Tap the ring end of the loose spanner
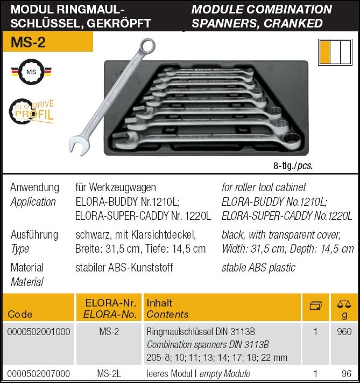[146, 47]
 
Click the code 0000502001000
[39, 332]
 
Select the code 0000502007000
[39, 373]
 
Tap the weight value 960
[344, 332]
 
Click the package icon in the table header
[316, 306]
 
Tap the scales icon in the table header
[344, 305]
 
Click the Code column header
[20, 314]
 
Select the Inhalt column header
[159, 303]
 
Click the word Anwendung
[34, 187]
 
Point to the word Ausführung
[34, 234]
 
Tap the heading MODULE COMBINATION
[262, 9]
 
